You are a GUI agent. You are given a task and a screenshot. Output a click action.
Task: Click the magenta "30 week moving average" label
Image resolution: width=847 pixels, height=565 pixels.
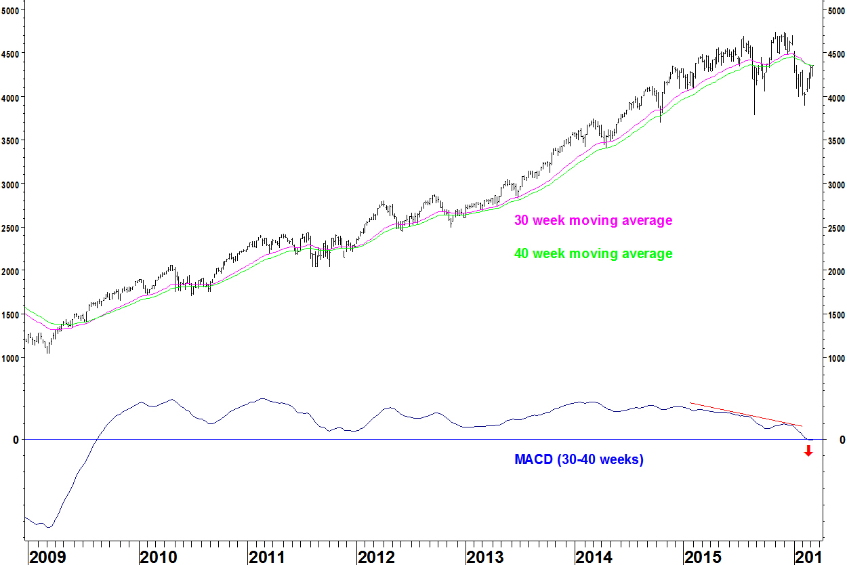[x=593, y=221]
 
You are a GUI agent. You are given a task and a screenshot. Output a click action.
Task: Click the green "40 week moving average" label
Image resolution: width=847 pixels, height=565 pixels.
[x=593, y=254]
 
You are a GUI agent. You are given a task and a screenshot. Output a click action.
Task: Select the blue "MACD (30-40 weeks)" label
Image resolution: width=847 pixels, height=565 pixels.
[x=579, y=460]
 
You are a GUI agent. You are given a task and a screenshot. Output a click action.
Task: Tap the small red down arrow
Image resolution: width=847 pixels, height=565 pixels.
[x=808, y=451]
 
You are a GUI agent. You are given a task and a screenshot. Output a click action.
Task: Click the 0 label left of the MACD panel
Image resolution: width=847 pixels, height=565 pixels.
[x=15, y=440]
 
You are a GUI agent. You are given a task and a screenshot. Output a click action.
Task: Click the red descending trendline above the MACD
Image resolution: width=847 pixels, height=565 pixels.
[x=745, y=415]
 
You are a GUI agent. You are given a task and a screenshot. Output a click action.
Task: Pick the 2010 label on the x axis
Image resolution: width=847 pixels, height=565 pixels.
[x=158, y=556]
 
